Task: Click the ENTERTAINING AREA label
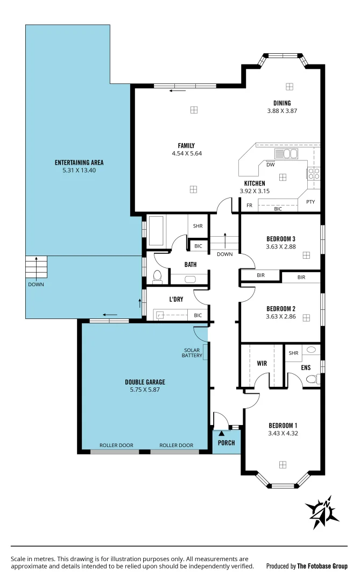[79, 162]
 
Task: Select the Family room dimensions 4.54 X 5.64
[186, 153]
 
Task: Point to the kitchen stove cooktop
[313, 173]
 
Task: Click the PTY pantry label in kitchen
[310, 202]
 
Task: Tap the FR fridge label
[249, 206]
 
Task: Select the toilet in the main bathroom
[157, 276]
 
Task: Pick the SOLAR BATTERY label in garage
[192, 352]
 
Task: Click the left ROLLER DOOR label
[116, 445]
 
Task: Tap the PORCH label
[226, 443]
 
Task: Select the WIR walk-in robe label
[262, 364]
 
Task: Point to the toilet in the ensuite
[312, 379]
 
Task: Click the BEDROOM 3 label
[280, 239]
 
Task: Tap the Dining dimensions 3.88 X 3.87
[282, 111]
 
